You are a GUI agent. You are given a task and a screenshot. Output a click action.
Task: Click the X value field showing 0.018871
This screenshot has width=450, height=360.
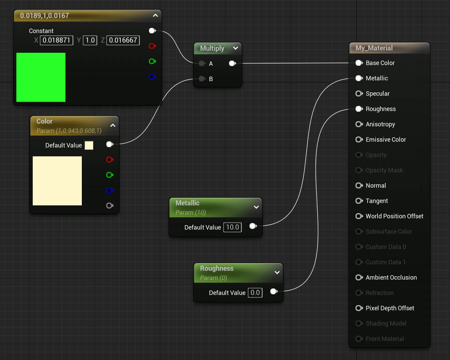coord(56,40)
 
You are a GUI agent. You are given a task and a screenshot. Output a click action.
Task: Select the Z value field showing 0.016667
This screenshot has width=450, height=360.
coord(123,40)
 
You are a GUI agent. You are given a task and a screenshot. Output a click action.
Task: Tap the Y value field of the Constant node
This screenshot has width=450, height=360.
coord(90,40)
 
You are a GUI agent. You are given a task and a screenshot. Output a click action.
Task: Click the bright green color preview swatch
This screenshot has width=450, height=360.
coord(41,77)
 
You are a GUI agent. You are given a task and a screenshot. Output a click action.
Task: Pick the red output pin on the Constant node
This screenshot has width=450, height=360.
coord(152,46)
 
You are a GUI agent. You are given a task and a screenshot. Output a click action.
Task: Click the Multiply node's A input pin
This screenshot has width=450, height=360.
coord(202,63)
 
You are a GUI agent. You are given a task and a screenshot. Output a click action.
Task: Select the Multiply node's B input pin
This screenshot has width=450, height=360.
coord(202,79)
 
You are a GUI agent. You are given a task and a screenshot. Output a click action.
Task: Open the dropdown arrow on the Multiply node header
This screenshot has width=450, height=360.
coord(235,48)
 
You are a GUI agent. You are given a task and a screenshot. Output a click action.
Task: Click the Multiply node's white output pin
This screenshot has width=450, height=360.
coord(232,63)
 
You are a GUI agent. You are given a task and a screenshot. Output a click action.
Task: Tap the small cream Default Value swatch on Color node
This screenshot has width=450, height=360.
coord(89,145)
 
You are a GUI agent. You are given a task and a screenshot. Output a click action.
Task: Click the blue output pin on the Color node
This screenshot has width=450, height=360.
coord(109,190)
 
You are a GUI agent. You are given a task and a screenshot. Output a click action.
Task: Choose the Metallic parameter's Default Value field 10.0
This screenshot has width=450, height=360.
coord(232,227)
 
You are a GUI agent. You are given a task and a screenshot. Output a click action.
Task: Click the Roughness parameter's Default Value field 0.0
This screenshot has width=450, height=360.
coord(255,293)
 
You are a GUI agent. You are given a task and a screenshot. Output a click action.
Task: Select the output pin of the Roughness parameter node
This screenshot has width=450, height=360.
coord(273,291)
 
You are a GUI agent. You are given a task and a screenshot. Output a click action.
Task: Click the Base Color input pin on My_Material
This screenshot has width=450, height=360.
coord(359,63)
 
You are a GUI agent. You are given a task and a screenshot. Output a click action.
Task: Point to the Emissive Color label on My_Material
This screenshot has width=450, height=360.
coord(386,140)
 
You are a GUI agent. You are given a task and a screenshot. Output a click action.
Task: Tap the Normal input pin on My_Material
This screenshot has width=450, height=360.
coord(359,186)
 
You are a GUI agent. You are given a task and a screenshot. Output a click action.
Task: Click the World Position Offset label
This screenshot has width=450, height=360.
coord(394,216)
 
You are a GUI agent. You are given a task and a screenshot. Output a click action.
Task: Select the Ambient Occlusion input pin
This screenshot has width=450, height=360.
coord(359,278)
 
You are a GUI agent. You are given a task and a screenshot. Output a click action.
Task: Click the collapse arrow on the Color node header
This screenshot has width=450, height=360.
coord(113,125)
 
